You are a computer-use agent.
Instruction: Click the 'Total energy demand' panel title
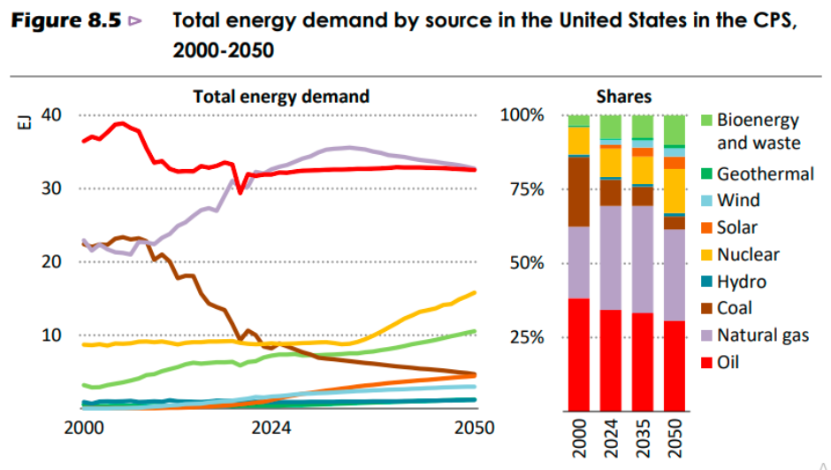[x=281, y=96]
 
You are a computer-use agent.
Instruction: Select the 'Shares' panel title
[x=623, y=96]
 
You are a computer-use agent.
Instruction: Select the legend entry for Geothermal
[x=765, y=173]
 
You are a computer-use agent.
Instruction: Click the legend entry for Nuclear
[x=748, y=255]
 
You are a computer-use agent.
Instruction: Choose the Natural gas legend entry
[x=762, y=335]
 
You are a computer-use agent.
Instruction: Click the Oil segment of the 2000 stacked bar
[x=579, y=355]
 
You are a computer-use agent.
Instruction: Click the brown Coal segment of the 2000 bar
[x=579, y=191]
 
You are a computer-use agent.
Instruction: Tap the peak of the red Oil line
[x=121, y=123]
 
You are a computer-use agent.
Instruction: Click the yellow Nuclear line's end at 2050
[x=476, y=292]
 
